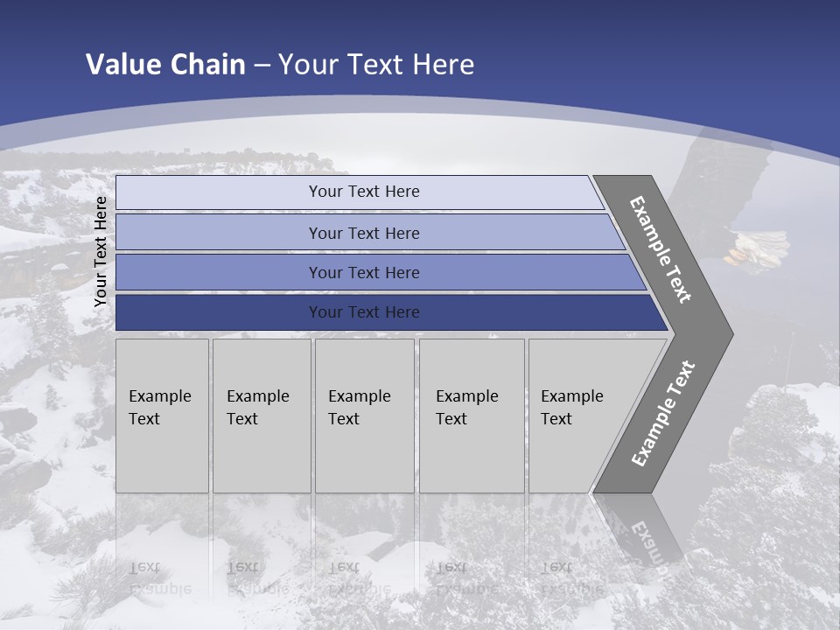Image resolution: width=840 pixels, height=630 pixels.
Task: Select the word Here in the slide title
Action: tap(443, 65)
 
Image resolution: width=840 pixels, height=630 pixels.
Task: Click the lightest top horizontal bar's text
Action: tap(364, 192)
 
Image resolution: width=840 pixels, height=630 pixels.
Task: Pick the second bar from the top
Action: tap(364, 234)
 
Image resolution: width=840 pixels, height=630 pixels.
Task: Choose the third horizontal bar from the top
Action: tap(364, 273)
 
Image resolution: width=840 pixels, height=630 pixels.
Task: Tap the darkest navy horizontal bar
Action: tap(364, 312)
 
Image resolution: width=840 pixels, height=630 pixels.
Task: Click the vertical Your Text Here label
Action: tap(101, 251)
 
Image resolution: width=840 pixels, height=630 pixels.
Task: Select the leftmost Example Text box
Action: tap(162, 415)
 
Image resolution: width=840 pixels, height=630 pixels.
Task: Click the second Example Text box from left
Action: tap(261, 415)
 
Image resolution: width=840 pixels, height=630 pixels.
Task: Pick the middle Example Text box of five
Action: tap(364, 415)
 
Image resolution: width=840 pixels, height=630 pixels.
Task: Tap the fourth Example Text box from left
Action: tap(471, 415)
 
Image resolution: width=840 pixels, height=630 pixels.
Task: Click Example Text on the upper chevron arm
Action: tap(661, 249)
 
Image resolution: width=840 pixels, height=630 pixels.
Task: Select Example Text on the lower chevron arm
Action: tap(662, 414)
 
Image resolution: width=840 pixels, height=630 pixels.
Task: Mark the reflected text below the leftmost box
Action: tap(159, 577)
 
